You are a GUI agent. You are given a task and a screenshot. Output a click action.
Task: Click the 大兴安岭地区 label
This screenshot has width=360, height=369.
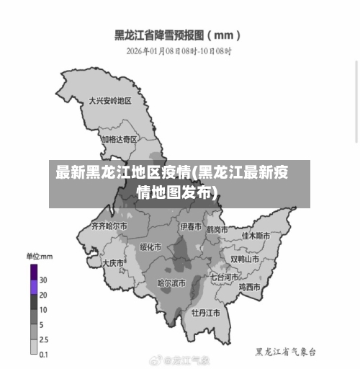[x=109, y=101]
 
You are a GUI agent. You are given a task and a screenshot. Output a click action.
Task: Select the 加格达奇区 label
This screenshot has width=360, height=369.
[x=119, y=139]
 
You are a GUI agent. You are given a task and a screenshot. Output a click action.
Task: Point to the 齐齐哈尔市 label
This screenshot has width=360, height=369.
[x=109, y=226]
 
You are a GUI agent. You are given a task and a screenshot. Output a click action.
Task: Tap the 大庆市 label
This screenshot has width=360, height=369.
[x=113, y=264]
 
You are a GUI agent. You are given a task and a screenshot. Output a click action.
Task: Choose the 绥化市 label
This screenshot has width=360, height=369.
[x=151, y=247]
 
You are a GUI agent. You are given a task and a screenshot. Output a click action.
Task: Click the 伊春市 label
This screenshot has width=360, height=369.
[x=191, y=226]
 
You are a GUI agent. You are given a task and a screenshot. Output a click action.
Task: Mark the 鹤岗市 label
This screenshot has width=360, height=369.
[x=217, y=230]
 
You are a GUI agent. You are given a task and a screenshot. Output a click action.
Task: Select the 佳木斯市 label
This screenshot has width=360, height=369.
[x=256, y=236]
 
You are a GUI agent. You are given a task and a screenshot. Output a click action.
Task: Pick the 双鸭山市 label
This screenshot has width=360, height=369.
[x=245, y=259]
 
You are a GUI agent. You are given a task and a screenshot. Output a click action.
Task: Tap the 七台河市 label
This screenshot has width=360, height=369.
[x=225, y=276]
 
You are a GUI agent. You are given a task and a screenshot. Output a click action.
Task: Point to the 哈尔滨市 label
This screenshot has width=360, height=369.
[x=171, y=283]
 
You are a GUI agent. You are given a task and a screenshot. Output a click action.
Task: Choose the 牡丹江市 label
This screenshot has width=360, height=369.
[x=205, y=314]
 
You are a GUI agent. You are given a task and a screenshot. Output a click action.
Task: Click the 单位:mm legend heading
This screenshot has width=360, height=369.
[x=40, y=256]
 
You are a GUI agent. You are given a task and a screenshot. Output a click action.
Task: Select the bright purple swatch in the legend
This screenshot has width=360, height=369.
[x=34, y=287]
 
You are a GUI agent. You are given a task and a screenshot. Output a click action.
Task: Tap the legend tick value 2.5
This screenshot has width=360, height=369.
[x=44, y=339]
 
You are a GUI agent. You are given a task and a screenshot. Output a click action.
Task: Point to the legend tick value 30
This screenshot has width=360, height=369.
[x=43, y=280]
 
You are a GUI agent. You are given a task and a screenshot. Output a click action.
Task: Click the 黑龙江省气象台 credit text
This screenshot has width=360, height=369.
[x=286, y=352]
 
